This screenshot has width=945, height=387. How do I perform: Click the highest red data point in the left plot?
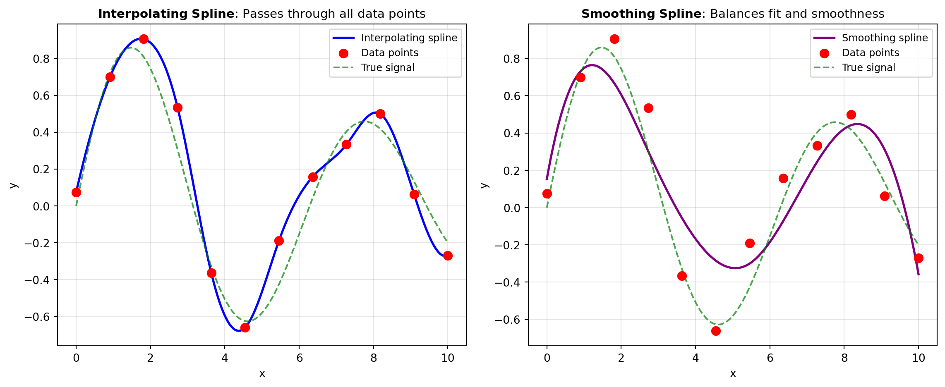tap(144, 39)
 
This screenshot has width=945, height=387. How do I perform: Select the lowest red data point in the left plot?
tap(245, 327)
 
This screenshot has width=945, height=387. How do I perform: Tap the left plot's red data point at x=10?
tap(448, 256)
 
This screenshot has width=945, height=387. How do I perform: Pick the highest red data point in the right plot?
tap(614, 39)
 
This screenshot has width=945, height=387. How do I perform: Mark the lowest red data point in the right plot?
tap(716, 331)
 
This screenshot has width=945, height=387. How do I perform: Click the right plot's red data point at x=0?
tap(547, 193)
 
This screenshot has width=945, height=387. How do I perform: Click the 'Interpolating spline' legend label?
tap(409, 38)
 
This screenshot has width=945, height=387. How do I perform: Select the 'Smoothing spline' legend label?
tap(885, 38)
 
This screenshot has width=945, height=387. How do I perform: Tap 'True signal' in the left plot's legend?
tap(388, 68)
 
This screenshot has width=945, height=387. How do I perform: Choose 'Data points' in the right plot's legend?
tap(871, 53)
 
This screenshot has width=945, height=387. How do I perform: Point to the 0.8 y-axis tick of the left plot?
tap(41, 59)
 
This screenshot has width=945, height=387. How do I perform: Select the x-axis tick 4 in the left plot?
tap(225, 358)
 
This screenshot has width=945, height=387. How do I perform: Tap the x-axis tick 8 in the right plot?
tap(844, 358)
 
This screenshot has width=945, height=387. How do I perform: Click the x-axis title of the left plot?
tap(262, 374)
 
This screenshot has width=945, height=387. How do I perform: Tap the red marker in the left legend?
tap(343, 53)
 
